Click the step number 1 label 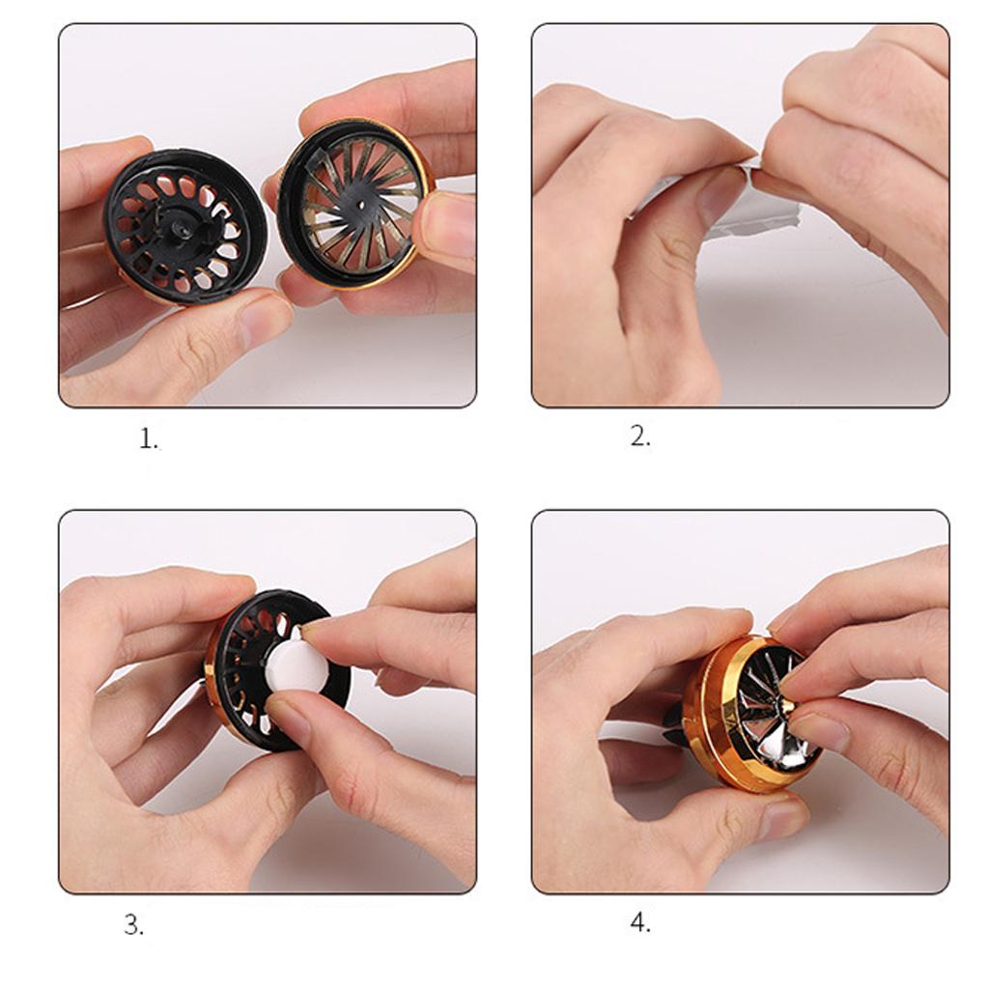(x=148, y=438)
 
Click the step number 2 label (x=640, y=437)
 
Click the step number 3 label (x=133, y=925)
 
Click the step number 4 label (x=640, y=923)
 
